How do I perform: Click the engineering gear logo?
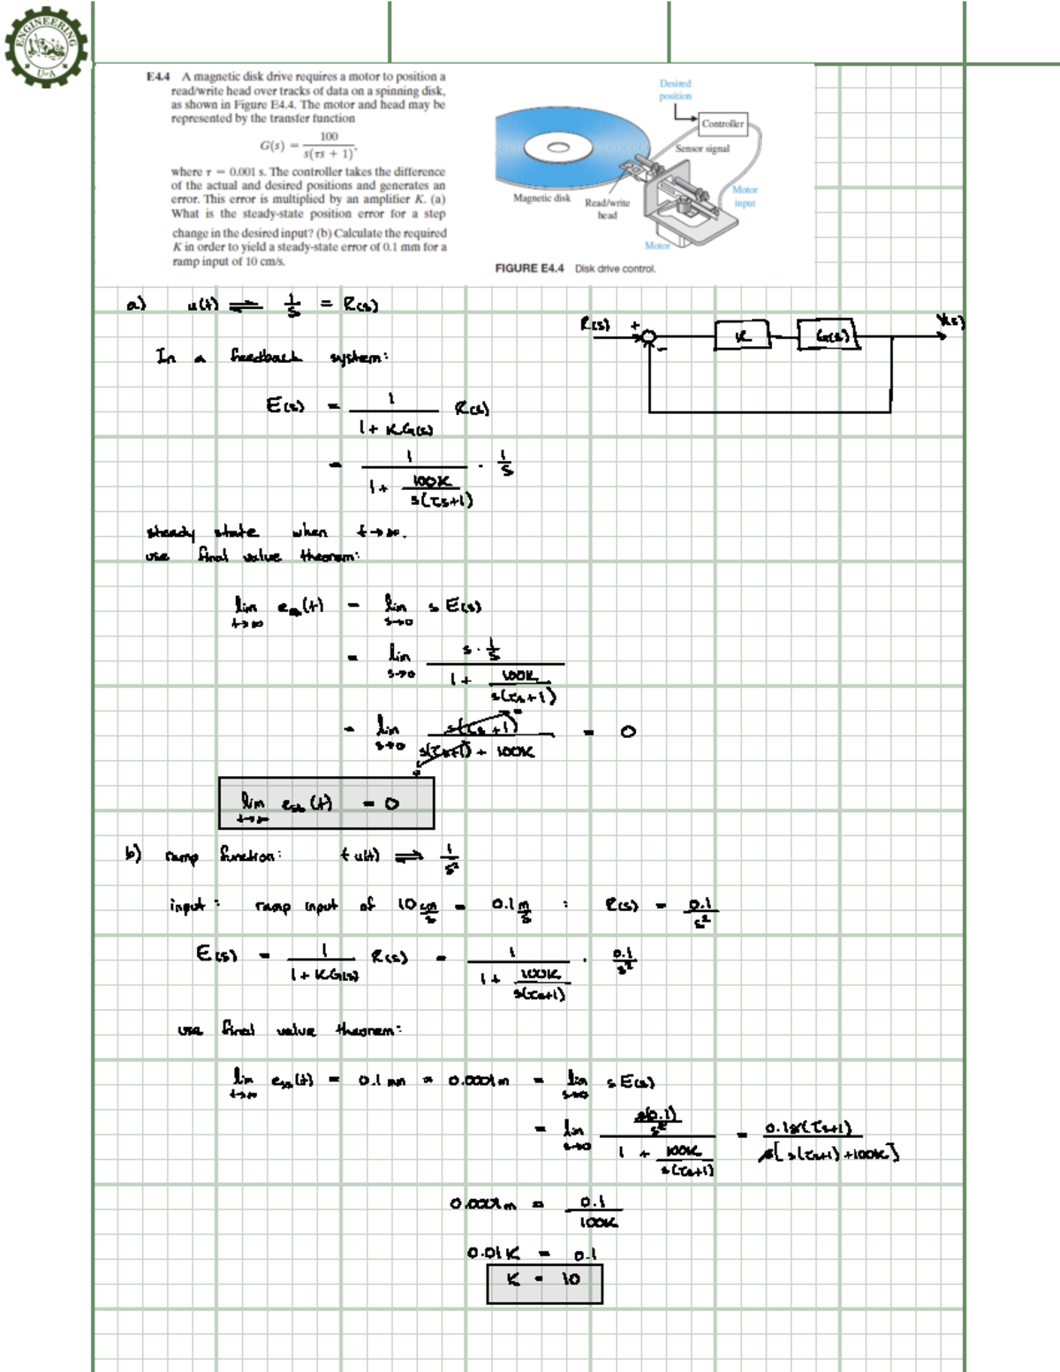46,44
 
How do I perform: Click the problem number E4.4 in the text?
159,78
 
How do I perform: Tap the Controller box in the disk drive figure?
723,124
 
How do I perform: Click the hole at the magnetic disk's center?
557,147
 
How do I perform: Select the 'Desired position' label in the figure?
675,89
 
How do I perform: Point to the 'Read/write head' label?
607,208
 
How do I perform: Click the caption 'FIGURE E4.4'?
529,268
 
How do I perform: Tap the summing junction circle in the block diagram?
649,335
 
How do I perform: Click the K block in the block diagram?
742,335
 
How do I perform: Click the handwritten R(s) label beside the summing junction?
595,325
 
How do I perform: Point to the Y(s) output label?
950,321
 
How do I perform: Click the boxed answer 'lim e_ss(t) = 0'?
326,803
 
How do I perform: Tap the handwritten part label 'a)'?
135,305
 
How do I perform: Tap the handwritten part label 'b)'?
132,854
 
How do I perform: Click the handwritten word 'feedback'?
266,357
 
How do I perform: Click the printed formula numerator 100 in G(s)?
329,136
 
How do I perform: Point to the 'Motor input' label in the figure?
745,196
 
